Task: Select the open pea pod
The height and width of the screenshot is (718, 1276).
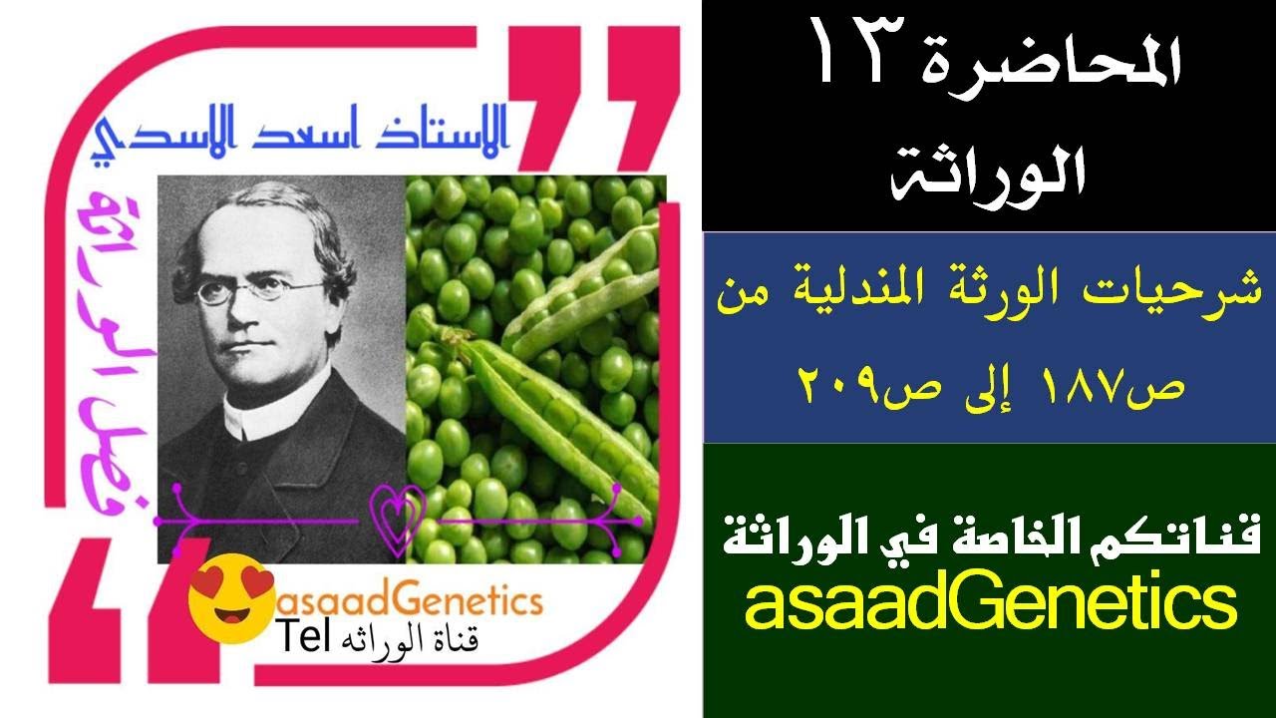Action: coord(558,399)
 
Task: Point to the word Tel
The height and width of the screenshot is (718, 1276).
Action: coord(304,638)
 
